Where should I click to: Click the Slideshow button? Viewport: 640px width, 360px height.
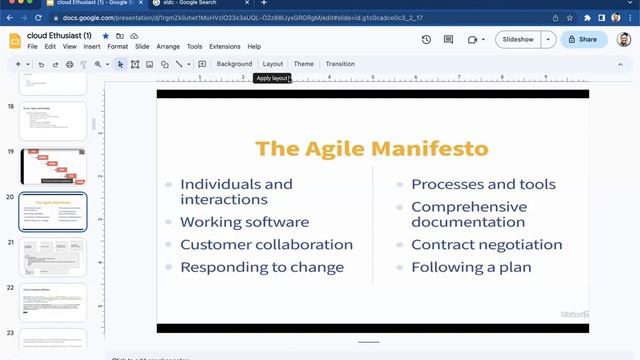[x=518, y=39]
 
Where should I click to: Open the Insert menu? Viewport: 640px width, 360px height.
[x=92, y=47]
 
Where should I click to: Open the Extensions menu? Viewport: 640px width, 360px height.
[x=224, y=47]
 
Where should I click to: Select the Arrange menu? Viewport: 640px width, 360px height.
[x=168, y=47]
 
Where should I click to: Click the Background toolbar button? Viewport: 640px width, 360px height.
[x=234, y=64]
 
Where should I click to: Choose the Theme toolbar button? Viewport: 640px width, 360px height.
[x=303, y=64]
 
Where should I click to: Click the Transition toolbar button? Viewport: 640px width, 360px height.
[x=340, y=64]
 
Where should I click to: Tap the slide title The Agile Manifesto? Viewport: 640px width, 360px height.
[x=372, y=149]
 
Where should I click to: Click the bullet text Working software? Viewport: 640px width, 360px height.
[x=244, y=222]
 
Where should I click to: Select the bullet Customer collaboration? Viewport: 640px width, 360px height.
[x=266, y=244]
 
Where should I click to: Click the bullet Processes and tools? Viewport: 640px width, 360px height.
[x=483, y=184]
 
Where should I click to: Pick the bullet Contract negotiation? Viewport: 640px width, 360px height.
[x=486, y=244]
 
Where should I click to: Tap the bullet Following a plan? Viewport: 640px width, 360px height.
[x=471, y=267]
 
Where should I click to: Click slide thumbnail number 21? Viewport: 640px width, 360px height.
[x=53, y=257]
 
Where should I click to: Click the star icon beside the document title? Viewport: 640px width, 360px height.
[x=105, y=36]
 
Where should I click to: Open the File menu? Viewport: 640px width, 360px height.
[x=33, y=47]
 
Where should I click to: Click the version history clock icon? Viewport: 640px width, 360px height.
[x=426, y=39]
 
